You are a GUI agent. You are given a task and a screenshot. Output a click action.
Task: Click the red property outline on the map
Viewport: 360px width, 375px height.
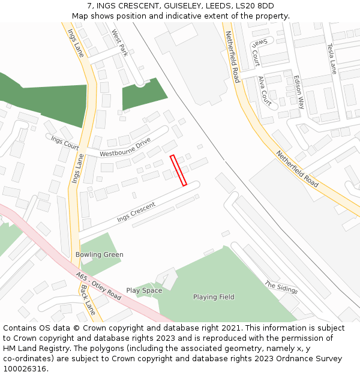click(x=179, y=170)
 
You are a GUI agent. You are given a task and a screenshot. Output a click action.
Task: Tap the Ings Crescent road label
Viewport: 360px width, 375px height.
click(x=136, y=212)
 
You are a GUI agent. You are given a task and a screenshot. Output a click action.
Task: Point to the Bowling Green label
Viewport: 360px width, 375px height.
click(x=100, y=254)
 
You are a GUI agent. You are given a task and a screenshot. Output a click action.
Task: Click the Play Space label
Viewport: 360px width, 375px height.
click(x=144, y=290)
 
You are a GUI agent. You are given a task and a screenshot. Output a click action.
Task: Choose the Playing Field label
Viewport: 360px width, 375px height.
click(x=214, y=297)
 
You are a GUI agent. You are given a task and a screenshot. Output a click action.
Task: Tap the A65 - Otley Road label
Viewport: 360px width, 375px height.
click(x=99, y=287)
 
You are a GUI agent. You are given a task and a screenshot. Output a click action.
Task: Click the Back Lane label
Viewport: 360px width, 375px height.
click(x=88, y=299)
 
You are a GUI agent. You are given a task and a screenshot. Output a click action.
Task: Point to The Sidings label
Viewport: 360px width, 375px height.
click(x=281, y=287)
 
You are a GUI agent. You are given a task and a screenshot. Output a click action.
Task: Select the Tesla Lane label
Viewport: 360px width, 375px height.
click(x=331, y=58)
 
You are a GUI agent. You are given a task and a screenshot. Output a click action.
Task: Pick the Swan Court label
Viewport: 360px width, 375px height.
click(x=255, y=53)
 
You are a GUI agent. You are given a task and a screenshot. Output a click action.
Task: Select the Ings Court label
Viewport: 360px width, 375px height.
click(x=65, y=142)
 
